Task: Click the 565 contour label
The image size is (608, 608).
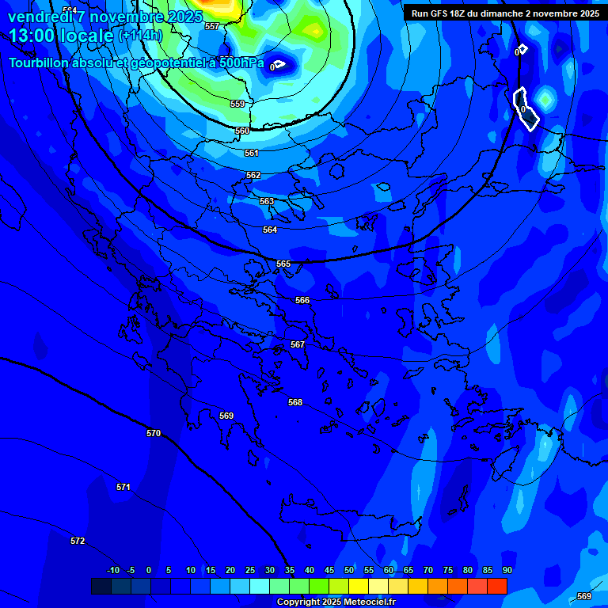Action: click(283, 264)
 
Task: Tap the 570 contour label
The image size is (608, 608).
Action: click(154, 433)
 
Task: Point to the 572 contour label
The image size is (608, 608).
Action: click(78, 541)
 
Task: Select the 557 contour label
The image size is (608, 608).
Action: click(211, 26)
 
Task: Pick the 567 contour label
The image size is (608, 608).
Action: click(298, 344)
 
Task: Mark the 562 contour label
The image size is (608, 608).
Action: click(253, 175)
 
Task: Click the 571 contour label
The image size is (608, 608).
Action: click(123, 487)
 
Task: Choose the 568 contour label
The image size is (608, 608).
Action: click(295, 402)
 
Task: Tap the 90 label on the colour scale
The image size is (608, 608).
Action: click(507, 570)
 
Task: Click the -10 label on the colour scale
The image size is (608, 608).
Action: click(113, 570)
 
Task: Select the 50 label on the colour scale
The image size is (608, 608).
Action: click(349, 570)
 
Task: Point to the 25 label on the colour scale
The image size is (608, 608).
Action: click(250, 570)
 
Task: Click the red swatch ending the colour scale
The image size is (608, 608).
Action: click(497, 586)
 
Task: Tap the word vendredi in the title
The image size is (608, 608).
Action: click(37, 16)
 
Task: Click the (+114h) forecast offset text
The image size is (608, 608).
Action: click(140, 36)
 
